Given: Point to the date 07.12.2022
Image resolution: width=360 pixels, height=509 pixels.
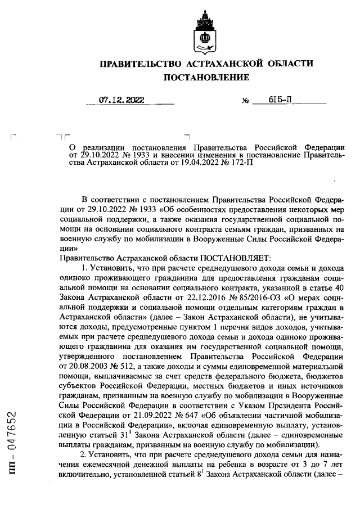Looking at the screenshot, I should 121,101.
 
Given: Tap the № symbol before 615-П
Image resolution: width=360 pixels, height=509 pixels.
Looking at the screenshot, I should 245,102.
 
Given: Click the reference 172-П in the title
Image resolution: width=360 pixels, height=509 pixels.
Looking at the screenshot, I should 206,160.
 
